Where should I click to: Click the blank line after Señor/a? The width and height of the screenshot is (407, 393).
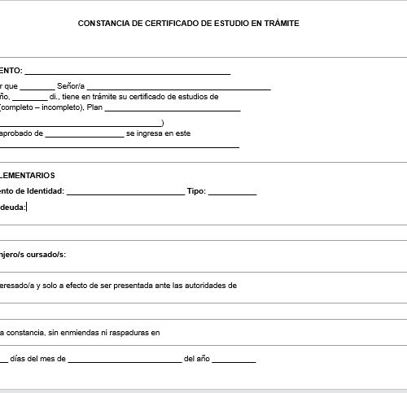click(178, 87)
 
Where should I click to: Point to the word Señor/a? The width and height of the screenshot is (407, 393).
click(71, 85)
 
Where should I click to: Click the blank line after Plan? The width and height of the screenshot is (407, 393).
click(173, 109)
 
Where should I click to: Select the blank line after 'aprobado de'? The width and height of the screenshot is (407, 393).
click(85, 135)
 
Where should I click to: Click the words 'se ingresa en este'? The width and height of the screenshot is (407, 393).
click(158, 133)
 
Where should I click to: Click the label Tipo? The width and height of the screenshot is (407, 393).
click(196, 192)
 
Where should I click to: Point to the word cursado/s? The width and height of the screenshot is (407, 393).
click(48, 255)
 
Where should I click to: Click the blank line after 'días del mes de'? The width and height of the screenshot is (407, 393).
click(125, 360)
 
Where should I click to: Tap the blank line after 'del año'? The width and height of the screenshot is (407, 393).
click(234, 360)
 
